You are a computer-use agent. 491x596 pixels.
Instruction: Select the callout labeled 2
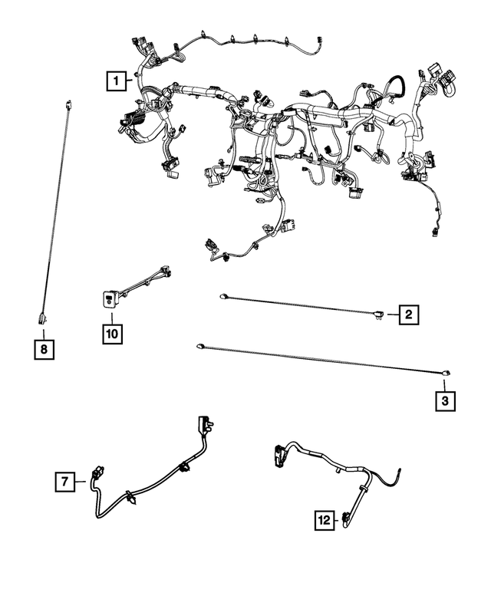coord(408,313)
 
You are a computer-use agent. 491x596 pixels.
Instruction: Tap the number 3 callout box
coord(445,400)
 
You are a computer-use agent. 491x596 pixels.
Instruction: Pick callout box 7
coord(66,482)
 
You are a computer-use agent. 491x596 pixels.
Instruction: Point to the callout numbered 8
coord(44,350)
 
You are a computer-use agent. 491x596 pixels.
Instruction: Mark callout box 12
coord(325,521)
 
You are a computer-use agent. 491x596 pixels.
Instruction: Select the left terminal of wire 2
coord(223,296)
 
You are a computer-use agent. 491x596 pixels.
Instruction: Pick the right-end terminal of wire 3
coord(445,374)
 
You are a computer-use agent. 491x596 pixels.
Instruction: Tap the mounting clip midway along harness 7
coord(183,467)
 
